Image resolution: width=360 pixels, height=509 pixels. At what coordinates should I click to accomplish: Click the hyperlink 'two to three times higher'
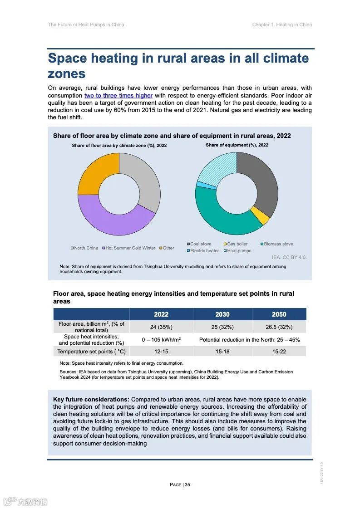pyautogui.click(x=118, y=96)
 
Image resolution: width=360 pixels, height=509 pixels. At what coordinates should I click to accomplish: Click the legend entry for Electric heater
pyautogui.click(x=203, y=251)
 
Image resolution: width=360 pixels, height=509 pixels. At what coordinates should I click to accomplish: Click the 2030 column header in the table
pyautogui.click(x=222, y=314)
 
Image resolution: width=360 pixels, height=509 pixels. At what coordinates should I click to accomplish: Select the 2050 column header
pyautogui.click(x=279, y=314)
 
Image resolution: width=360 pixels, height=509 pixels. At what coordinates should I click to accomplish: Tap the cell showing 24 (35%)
pyautogui.click(x=161, y=327)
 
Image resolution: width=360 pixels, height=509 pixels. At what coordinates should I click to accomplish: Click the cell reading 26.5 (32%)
pyautogui.click(x=279, y=327)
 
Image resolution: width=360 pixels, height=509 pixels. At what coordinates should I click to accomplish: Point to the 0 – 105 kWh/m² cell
pyautogui.click(x=161, y=340)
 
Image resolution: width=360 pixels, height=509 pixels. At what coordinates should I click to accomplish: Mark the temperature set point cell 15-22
pyautogui.click(x=279, y=352)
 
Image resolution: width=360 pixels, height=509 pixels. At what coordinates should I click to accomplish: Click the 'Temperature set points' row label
pyautogui.click(x=91, y=352)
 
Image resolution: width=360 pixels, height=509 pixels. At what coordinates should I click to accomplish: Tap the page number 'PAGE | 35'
pyautogui.click(x=180, y=485)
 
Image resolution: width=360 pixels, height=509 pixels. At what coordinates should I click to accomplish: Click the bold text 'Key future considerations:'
pyautogui.click(x=91, y=400)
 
